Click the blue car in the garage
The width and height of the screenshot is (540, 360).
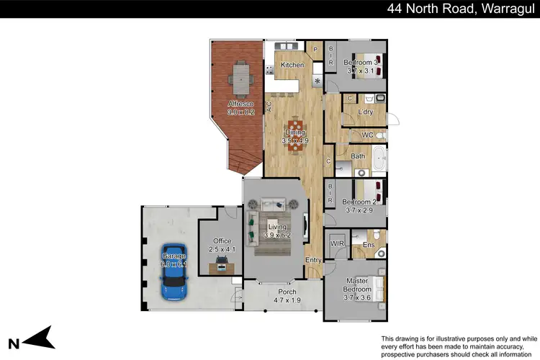[x=174, y=276]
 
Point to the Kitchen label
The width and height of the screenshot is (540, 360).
[x=292, y=66]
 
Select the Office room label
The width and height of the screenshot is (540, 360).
[x=222, y=241]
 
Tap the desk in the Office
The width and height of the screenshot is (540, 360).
[x=222, y=266]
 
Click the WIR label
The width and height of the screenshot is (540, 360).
[x=337, y=245]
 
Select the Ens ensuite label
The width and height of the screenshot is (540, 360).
[x=369, y=246]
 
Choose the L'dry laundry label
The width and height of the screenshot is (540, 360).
[x=365, y=112]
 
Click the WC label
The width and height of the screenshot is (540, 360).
[x=366, y=135]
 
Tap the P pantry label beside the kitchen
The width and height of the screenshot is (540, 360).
[x=315, y=48]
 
